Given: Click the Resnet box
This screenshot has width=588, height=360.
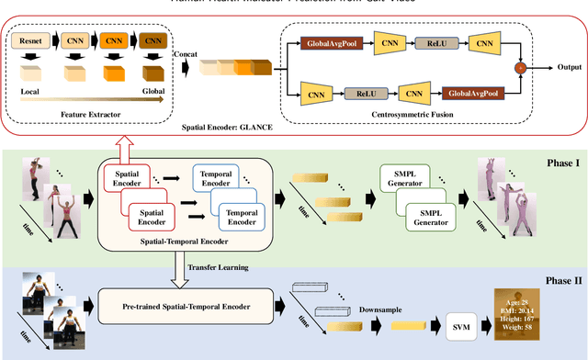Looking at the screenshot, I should (30, 40).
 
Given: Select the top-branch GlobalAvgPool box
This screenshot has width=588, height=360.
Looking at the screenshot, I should (332, 42).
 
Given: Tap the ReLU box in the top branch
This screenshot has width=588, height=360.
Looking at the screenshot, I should (430, 42).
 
